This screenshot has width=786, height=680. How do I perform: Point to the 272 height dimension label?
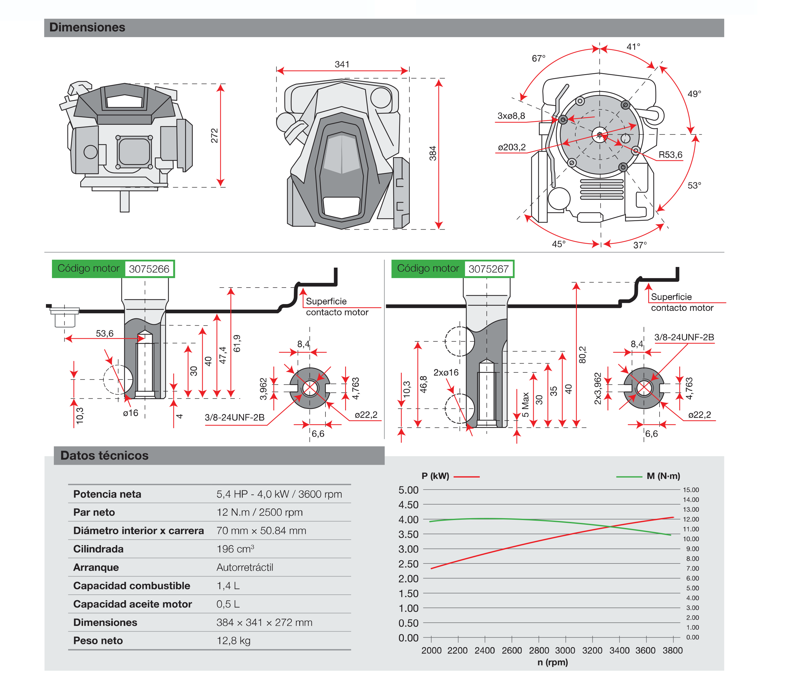click(215, 136)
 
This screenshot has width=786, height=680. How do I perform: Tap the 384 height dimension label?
click(433, 153)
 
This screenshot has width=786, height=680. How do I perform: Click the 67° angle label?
click(538, 59)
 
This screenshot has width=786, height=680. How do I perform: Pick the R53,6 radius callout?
click(670, 155)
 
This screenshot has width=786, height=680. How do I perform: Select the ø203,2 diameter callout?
click(512, 147)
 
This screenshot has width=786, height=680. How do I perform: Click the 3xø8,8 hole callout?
click(511, 116)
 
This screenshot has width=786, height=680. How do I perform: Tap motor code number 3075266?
click(149, 269)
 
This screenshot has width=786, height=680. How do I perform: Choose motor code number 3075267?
click(488, 269)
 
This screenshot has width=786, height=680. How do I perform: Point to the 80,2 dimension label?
click(583, 354)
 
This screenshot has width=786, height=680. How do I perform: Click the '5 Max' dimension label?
click(525, 404)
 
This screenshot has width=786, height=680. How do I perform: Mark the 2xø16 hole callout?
click(446, 373)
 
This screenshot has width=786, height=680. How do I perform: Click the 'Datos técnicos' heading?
click(104, 455)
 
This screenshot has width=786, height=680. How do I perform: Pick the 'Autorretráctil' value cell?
click(245, 567)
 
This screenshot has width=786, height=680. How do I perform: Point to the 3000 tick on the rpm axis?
click(565, 651)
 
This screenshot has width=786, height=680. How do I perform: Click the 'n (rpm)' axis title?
click(552, 663)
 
